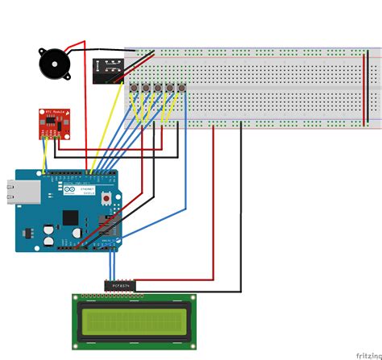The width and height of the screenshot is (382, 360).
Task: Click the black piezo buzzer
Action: click(x=52, y=62)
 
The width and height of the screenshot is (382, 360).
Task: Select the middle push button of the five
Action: click(x=158, y=88)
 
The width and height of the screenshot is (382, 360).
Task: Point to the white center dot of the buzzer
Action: click(x=52, y=62)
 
